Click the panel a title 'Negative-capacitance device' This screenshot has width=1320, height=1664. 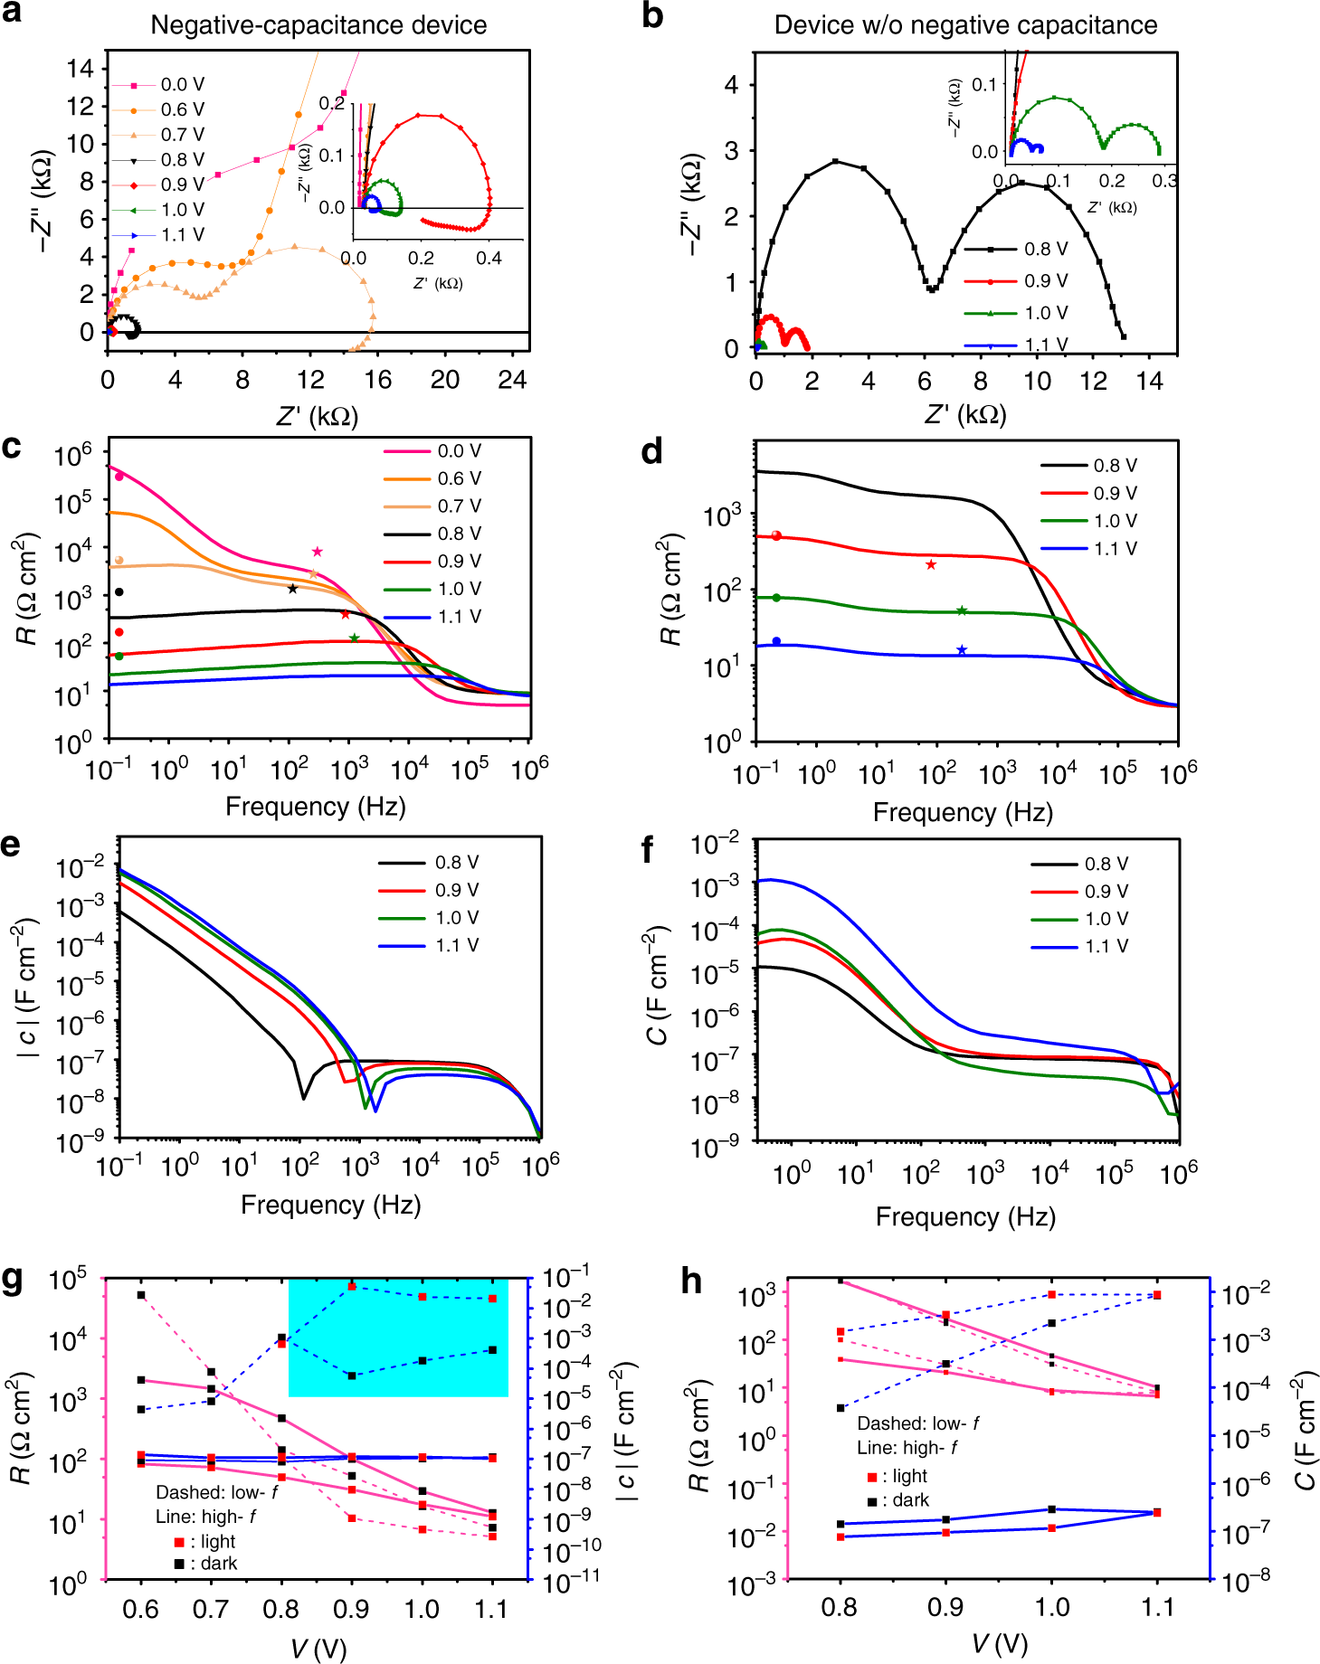[318, 24]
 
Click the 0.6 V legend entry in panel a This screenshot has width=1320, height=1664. [182, 109]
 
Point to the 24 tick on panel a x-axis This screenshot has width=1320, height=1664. [512, 380]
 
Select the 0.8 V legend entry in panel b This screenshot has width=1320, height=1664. [1045, 249]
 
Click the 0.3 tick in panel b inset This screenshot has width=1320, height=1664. [1164, 181]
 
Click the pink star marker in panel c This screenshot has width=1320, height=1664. [317, 552]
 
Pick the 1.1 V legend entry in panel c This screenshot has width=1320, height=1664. [459, 617]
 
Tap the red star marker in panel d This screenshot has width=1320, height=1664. [931, 565]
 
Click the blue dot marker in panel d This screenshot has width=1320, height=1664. [776, 642]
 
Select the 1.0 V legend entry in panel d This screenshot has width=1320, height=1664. [1115, 521]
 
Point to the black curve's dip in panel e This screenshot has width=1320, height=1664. [303, 1097]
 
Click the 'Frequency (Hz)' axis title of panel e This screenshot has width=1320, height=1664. [330, 1205]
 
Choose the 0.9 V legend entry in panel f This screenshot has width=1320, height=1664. [1106, 892]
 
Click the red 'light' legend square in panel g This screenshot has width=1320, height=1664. [179, 1541]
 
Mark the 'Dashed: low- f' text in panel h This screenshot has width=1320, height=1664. [917, 1423]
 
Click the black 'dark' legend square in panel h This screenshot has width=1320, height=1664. [872, 1500]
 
